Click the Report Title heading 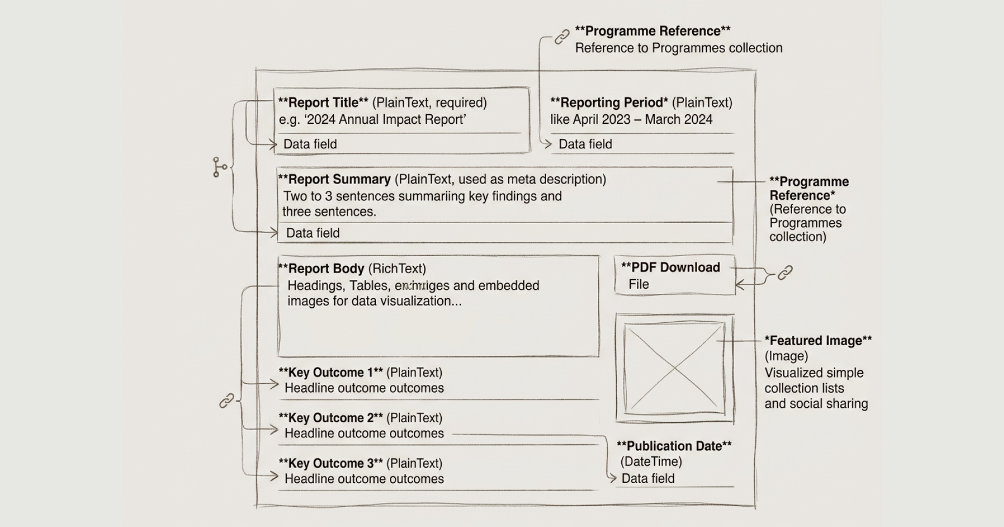[323, 103]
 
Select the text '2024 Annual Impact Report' [385, 119]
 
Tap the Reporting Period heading [609, 103]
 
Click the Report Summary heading [334, 179]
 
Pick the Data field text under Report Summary [312, 233]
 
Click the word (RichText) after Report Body [397, 268]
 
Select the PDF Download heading [670, 267]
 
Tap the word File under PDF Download [639, 284]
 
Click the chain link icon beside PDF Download [785, 273]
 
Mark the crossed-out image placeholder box [674, 368]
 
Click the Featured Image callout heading [818, 340]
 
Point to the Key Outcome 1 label [330, 373]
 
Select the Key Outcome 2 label [330, 418]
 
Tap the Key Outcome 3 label [330, 463]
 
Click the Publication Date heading [674, 446]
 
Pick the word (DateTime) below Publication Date [651, 462]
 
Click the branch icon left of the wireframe [219, 167]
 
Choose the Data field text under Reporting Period [585, 144]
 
